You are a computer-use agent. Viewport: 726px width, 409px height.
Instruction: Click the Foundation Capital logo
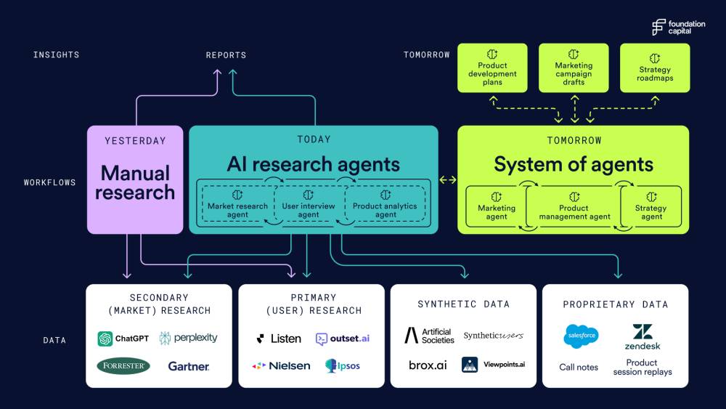pyautogui.click(x=678, y=28)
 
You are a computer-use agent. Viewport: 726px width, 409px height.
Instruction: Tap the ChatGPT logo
pyautogui.click(x=123, y=339)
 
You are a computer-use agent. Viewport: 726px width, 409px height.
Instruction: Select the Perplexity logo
pyautogui.click(x=188, y=338)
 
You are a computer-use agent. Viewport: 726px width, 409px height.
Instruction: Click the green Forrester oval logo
pyautogui.click(x=123, y=366)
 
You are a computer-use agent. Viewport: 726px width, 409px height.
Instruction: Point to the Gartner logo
pyautogui.click(x=189, y=366)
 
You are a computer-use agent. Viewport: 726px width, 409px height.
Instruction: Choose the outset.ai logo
pyautogui.click(x=343, y=339)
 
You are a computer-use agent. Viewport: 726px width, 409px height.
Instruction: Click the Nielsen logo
pyautogui.click(x=281, y=366)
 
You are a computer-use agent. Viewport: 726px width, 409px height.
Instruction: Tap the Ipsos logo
pyautogui.click(x=343, y=366)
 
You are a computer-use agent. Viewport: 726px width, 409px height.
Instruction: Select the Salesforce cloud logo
pyautogui.click(x=581, y=336)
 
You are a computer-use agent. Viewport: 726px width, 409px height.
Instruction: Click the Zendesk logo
pyautogui.click(x=643, y=337)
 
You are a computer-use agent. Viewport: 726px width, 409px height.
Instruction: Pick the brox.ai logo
pyautogui.click(x=428, y=365)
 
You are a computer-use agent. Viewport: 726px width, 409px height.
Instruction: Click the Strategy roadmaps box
pyautogui.click(x=655, y=68)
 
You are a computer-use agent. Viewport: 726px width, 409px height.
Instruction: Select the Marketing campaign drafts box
pyautogui.click(x=574, y=68)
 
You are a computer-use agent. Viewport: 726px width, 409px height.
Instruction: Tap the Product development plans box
pyautogui.click(x=492, y=68)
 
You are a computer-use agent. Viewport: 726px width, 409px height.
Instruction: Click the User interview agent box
pyautogui.click(x=309, y=204)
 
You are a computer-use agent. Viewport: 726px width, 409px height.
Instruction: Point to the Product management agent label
pyautogui.click(x=574, y=212)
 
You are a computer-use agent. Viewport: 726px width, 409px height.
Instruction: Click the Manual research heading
pyautogui.click(x=135, y=182)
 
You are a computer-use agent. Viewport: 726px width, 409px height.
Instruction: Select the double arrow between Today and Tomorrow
pyautogui.click(x=448, y=179)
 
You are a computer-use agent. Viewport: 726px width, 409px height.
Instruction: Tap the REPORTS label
pyautogui.click(x=226, y=55)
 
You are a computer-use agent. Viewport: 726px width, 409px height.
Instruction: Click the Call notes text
pyautogui.click(x=579, y=368)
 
